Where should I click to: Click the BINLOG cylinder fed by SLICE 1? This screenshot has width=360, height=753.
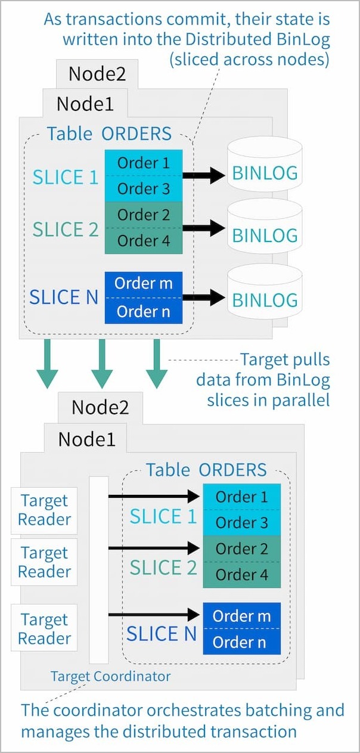click(265, 165)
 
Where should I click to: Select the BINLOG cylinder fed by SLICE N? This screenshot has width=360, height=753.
click(265, 293)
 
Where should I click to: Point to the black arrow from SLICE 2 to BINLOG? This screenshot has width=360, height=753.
click(204, 228)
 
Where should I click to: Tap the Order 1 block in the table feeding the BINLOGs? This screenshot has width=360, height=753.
click(144, 163)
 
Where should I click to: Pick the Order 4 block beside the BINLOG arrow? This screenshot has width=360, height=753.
click(144, 241)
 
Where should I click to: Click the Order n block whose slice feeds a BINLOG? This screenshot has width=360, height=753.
click(144, 311)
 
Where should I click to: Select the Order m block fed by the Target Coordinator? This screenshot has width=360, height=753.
click(241, 616)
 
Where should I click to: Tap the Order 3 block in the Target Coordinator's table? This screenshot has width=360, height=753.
click(241, 523)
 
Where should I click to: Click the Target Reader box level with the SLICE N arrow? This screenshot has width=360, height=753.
click(44, 628)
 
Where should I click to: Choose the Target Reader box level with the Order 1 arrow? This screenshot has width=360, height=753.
click(44, 510)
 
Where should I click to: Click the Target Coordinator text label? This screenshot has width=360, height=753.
click(111, 676)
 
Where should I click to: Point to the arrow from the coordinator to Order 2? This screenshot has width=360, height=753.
click(154, 549)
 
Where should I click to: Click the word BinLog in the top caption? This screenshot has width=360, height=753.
click(303, 39)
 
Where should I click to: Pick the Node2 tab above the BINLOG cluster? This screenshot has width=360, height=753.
click(97, 73)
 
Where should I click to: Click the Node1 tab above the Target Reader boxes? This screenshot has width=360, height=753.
click(86, 439)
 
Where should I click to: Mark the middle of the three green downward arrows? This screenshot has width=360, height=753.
click(102, 364)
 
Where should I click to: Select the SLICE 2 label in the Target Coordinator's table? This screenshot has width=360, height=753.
click(163, 568)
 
